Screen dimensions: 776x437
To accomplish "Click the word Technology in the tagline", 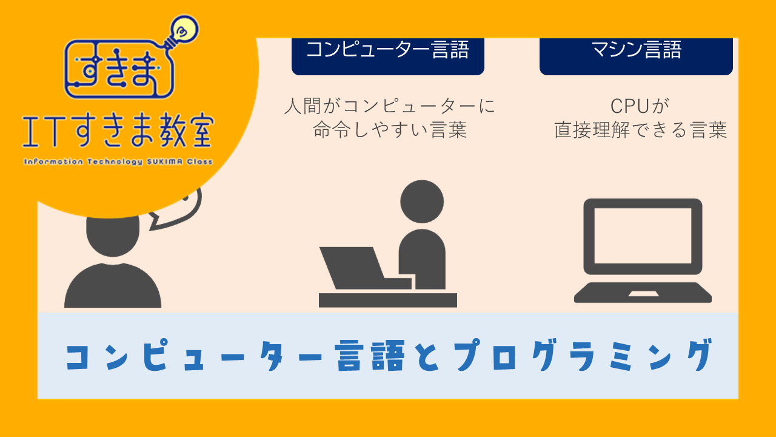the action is point(115,162).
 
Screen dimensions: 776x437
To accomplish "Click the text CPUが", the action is point(640,106).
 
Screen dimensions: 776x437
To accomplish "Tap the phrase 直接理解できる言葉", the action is point(640,130).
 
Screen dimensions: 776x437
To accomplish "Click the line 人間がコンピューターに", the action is point(389,106).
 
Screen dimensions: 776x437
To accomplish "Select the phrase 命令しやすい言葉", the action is point(390,130).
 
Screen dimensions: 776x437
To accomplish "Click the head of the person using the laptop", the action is point(422,202).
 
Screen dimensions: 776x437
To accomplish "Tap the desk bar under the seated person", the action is point(387,300).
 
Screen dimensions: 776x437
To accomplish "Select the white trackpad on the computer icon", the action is point(643,294).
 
